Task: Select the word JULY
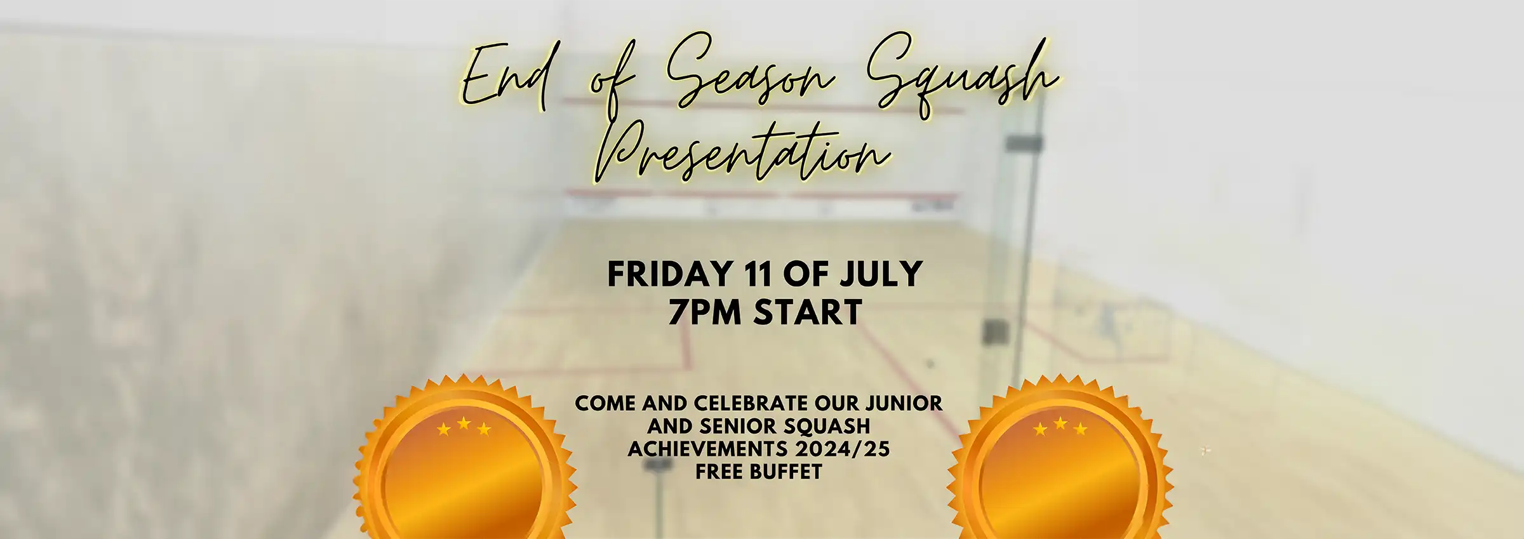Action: point(881,274)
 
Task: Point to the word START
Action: point(807,312)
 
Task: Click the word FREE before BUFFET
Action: point(719,472)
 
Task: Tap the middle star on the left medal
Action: point(464,423)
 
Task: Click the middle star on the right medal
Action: point(1060,423)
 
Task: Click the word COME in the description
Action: point(605,403)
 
